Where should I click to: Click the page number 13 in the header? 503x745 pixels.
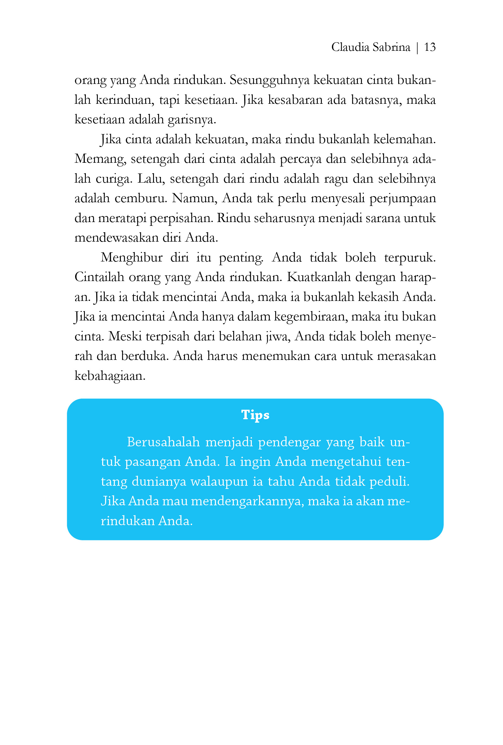(x=429, y=47)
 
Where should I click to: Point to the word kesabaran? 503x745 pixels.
(x=295, y=100)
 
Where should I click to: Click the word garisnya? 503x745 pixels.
(x=192, y=120)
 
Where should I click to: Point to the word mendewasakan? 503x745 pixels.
(x=116, y=238)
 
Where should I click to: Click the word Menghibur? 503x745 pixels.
(x=132, y=258)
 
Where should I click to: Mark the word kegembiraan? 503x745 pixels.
(x=310, y=317)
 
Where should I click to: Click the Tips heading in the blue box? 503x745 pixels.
(x=255, y=414)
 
